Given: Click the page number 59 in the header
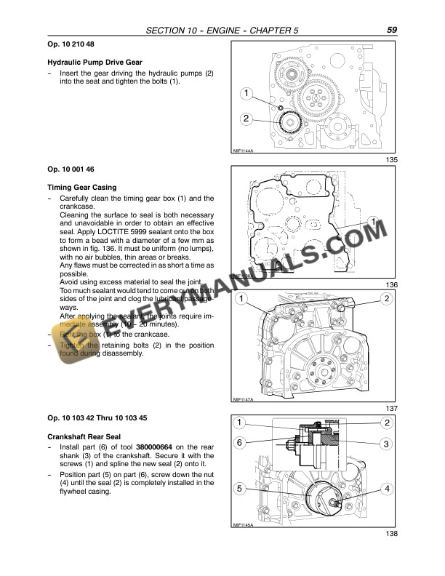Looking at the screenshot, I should click(391, 31).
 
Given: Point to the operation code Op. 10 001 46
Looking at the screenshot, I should click(68, 168).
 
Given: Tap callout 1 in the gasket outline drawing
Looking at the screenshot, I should click(372, 220).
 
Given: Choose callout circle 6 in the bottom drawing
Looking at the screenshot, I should click(239, 443).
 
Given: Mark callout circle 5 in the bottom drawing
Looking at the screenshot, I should click(239, 489).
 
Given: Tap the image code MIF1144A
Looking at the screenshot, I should click(243, 151).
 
